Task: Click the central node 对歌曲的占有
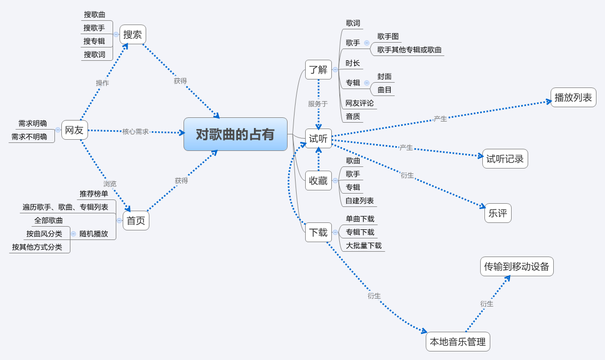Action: [x=235, y=134]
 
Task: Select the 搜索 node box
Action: [x=133, y=35]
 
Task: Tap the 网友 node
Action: [x=74, y=130]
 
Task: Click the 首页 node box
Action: [x=136, y=220]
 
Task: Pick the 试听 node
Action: [x=319, y=139]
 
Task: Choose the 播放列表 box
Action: [x=573, y=98]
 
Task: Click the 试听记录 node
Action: [x=505, y=159]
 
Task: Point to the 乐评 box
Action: [x=498, y=213]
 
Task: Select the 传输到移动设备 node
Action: [x=516, y=267]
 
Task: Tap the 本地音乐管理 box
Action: [x=458, y=342]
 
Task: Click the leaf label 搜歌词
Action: [x=94, y=54]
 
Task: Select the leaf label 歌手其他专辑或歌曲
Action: [x=409, y=50]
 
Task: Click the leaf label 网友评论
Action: [x=360, y=103]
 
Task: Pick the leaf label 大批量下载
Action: [x=363, y=245]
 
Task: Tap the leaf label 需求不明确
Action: [x=33, y=137]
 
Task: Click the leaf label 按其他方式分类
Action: [x=37, y=247]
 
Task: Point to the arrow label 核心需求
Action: [x=136, y=131]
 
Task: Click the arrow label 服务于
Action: [x=318, y=104]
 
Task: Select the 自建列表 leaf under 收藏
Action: [x=360, y=201]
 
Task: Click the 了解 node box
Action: [x=319, y=69]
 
